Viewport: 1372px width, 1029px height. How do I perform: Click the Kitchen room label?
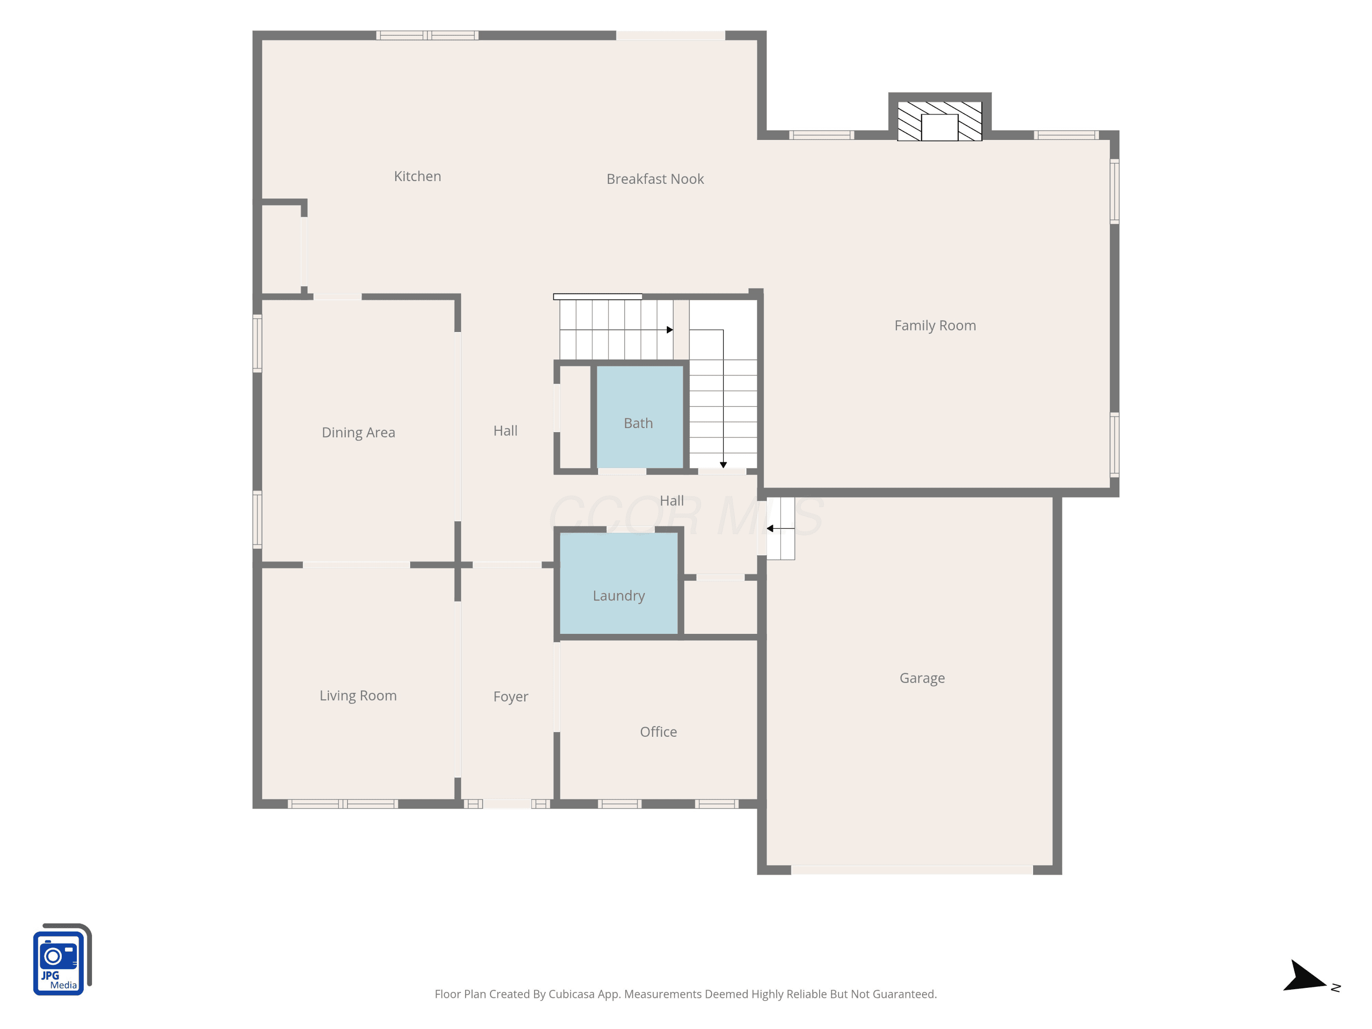pos(418,176)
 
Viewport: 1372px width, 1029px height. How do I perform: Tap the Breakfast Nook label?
pos(655,179)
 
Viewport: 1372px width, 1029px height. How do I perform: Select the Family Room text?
pos(935,326)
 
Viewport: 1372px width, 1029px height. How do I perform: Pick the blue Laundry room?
pos(618,583)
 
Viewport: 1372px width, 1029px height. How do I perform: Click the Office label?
pos(658,732)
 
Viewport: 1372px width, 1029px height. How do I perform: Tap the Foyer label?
pos(510,697)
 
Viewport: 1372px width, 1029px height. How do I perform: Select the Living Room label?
pos(358,696)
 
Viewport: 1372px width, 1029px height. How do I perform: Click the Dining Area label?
pos(358,432)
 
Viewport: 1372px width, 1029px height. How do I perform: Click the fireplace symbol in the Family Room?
pos(940,121)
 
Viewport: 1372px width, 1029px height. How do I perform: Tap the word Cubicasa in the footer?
pos(571,994)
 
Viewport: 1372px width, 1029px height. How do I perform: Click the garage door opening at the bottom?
pos(912,870)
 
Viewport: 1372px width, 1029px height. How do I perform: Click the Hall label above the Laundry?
pos(672,500)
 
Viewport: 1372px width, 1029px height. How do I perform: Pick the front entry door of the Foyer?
pos(507,804)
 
